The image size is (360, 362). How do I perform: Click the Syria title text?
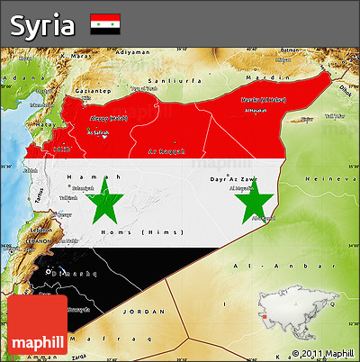point(41,24)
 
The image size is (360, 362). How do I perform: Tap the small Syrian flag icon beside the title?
point(105,24)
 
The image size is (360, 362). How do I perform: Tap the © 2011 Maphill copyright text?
point(322,353)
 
